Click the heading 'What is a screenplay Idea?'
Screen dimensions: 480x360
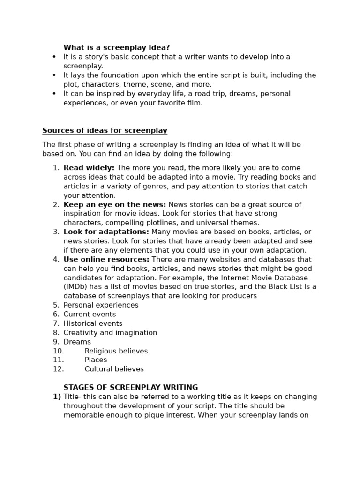point(116,48)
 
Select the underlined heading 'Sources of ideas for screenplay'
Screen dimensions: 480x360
point(105,130)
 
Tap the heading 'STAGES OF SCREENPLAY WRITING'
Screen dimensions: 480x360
point(130,388)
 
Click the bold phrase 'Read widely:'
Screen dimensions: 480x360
point(89,168)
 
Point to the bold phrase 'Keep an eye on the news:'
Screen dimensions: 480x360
point(114,204)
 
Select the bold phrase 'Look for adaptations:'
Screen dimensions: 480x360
point(106,232)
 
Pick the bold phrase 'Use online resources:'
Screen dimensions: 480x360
point(106,259)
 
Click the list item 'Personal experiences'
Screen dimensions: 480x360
point(101,305)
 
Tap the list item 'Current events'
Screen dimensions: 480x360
point(90,314)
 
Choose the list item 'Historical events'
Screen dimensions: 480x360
point(93,323)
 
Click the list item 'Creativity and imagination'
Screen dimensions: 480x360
point(110,333)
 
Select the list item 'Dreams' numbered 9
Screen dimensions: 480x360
point(77,342)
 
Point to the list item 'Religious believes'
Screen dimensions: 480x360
point(116,351)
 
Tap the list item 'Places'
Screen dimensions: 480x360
point(96,360)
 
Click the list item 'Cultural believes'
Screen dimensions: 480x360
point(114,369)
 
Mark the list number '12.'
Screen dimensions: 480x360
point(58,369)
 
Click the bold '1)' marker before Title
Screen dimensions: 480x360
point(57,397)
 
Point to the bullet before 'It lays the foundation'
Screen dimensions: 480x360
point(54,75)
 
